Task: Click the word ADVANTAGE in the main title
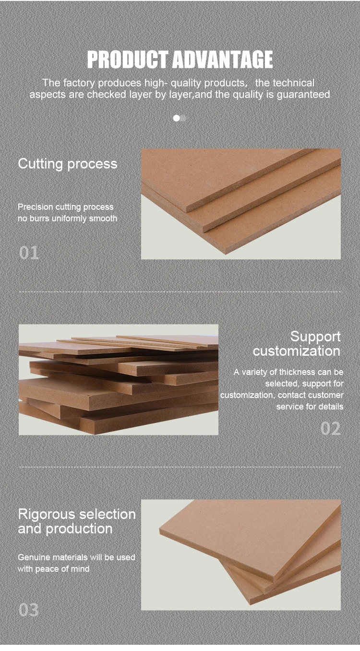(223, 60)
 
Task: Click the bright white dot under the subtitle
(176, 118)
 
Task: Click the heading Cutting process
(68, 164)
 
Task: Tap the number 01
(29, 253)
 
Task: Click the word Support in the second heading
(315, 337)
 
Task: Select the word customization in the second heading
(297, 351)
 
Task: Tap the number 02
(331, 428)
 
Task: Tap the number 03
(29, 610)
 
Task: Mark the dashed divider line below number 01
(180, 291)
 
